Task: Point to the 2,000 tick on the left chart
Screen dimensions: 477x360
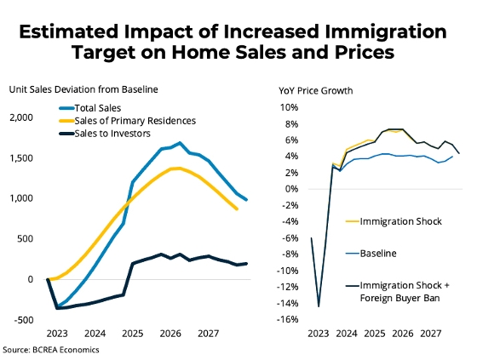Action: (21, 117)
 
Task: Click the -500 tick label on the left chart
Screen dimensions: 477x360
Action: (23, 320)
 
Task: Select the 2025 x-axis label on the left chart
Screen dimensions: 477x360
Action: (133, 334)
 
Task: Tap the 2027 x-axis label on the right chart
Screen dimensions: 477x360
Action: (430, 334)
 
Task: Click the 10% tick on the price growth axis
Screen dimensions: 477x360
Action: (290, 107)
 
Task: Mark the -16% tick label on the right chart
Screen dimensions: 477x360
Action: (288, 319)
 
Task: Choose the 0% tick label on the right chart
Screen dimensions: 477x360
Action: (292, 189)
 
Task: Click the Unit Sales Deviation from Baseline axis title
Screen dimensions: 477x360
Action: (83, 89)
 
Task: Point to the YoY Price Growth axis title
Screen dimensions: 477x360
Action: (316, 90)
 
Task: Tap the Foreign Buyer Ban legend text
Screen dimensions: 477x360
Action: (399, 298)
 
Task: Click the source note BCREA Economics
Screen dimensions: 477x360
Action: (66, 350)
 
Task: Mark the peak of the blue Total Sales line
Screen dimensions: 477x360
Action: (180, 143)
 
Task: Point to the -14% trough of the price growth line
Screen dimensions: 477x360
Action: (319, 306)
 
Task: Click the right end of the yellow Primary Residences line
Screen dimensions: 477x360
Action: (237, 209)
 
